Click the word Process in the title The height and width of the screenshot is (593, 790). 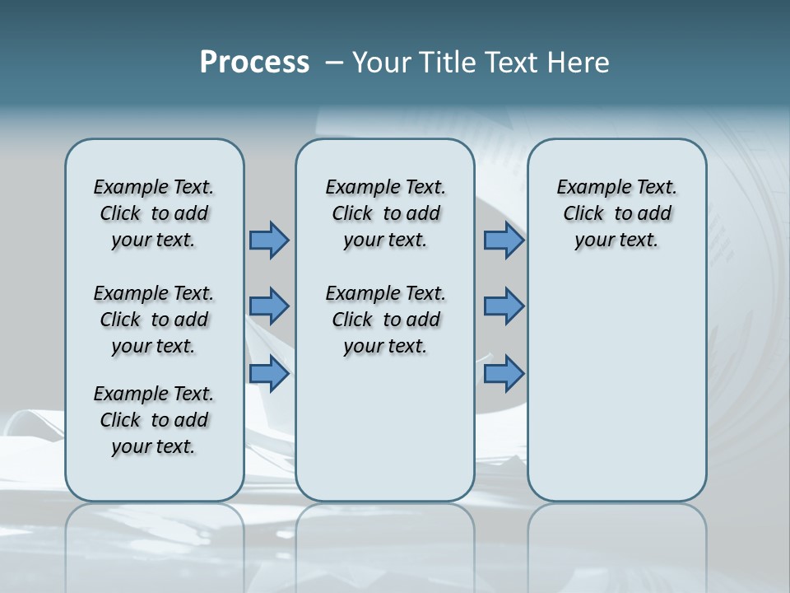[x=254, y=63]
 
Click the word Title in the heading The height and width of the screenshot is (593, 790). [x=445, y=63]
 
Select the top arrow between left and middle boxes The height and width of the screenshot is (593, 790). [x=269, y=240]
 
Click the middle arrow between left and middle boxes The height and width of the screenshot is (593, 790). [x=269, y=306]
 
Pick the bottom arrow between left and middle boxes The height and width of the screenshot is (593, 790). [x=269, y=373]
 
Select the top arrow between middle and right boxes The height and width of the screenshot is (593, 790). [x=504, y=240]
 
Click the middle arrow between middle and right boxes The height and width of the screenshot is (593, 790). [x=504, y=306]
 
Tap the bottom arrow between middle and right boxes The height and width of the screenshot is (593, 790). [x=504, y=373]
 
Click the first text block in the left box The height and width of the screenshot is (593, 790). [x=154, y=213]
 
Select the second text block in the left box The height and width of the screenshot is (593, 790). [x=154, y=320]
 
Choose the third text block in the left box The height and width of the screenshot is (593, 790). [x=154, y=420]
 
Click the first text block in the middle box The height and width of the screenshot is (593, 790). [x=385, y=213]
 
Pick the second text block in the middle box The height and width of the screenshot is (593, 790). [x=385, y=320]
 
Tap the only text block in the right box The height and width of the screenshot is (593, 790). [x=616, y=213]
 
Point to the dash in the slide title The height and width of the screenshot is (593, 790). [x=334, y=63]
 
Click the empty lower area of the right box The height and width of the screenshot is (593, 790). [x=616, y=395]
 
